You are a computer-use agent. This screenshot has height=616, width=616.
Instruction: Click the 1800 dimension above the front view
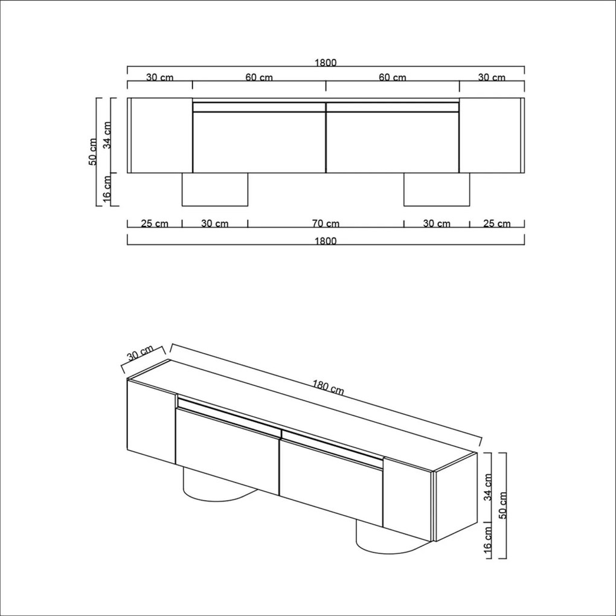[x=325, y=62]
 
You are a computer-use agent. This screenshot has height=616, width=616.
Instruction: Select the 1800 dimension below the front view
[x=325, y=240]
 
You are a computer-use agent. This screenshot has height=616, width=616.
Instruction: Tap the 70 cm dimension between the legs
[x=326, y=223]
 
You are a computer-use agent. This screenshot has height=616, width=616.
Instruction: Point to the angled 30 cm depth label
[x=140, y=355]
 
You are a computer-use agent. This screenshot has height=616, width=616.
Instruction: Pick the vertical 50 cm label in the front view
[x=93, y=152]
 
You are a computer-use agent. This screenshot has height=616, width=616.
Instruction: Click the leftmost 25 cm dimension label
[x=154, y=223]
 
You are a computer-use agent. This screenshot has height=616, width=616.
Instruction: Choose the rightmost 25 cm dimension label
[x=496, y=223]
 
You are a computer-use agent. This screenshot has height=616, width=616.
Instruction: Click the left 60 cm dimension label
[x=258, y=77]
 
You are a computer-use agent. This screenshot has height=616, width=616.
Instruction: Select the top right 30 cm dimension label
[x=492, y=77]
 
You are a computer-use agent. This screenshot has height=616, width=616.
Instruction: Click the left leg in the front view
[x=215, y=190]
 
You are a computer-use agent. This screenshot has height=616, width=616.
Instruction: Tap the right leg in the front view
[x=436, y=190]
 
